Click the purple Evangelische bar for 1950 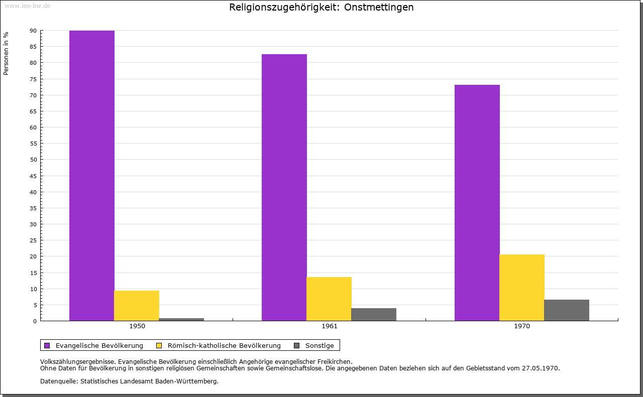coord(92,176)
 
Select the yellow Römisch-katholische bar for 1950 coord(137,306)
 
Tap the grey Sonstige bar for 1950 coord(181,319)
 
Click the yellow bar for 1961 coord(329,299)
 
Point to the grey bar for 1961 coord(374,314)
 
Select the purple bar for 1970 coord(477,203)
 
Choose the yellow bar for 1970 coord(522,288)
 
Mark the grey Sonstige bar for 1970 coord(567,310)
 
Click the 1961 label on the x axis coord(330,326)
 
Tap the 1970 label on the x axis coord(522,326)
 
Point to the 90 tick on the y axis coord(33,31)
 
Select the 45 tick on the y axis coord(33,176)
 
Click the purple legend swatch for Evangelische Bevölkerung coord(47,345)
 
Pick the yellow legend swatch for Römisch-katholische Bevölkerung coord(159,345)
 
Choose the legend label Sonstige coord(319,345)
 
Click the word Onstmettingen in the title coord(379,8)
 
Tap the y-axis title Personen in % coord(6,53)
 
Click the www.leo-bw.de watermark coord(27,6)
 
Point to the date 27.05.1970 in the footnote coord(541,368)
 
